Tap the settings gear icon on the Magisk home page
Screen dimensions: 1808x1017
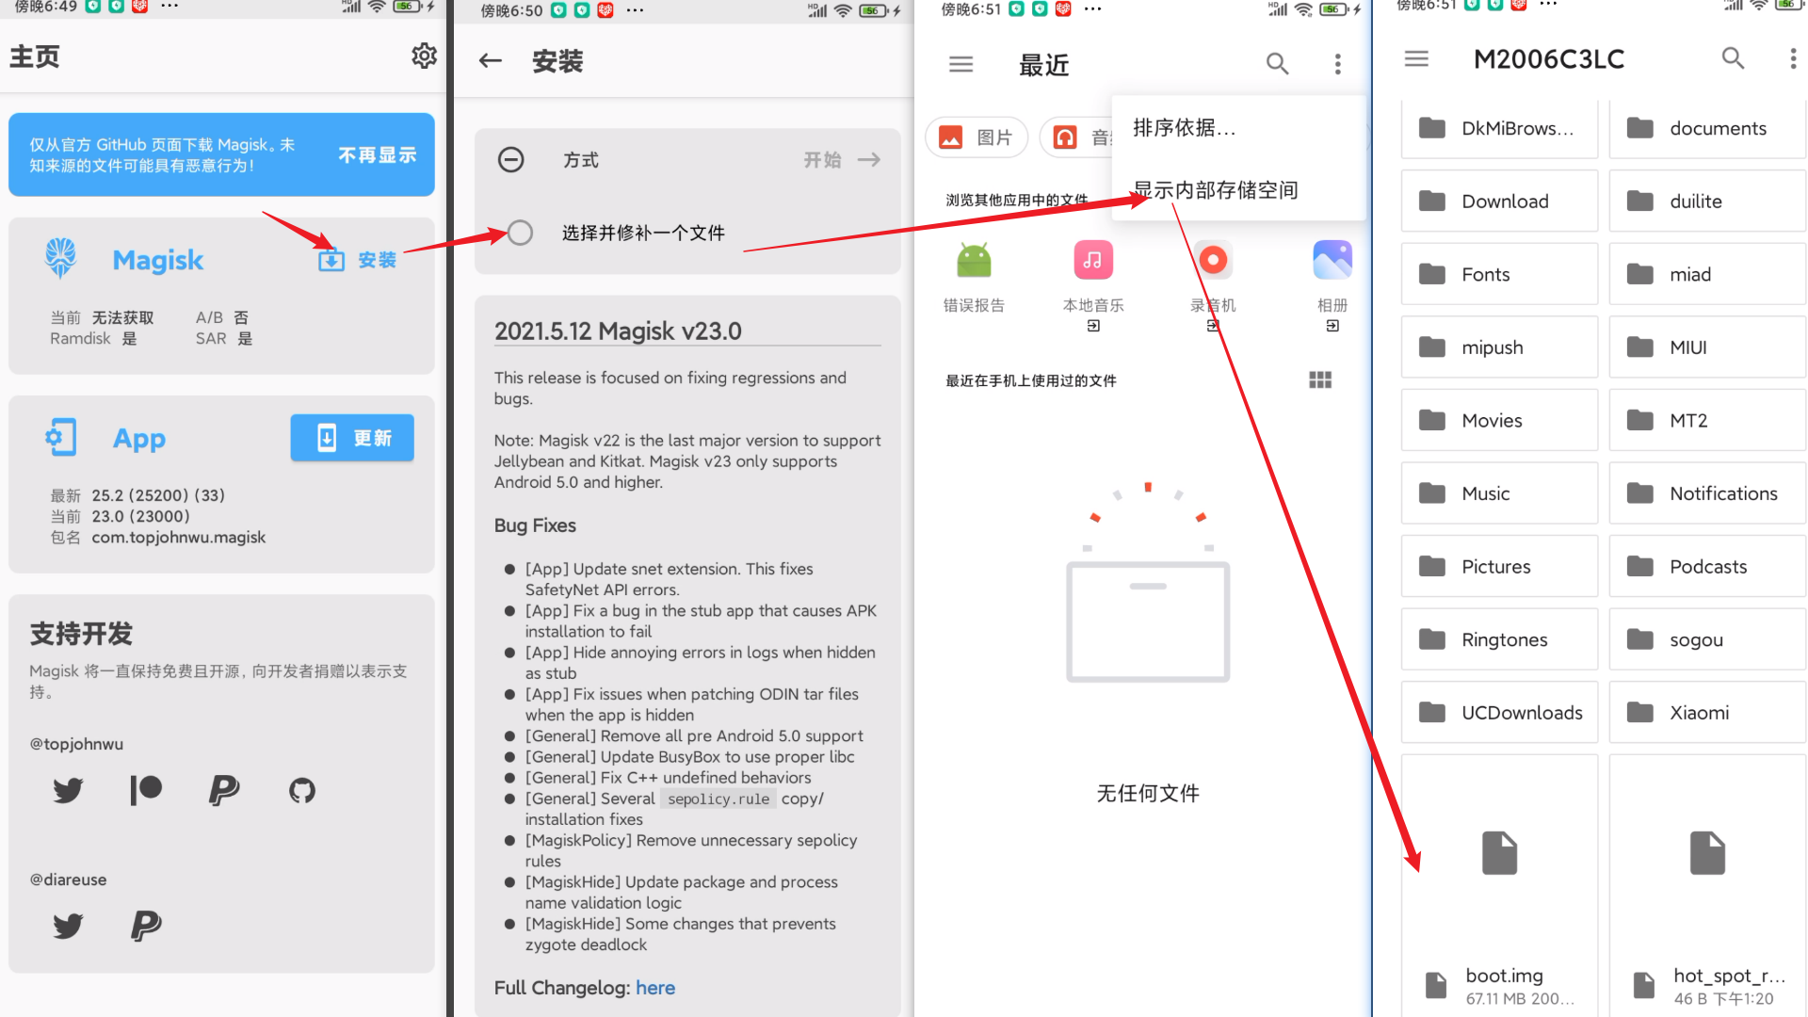[x=424, y=56]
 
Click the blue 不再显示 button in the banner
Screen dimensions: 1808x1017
[x=377, y=155]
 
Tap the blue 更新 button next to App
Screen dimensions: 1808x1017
[x=352, y=438]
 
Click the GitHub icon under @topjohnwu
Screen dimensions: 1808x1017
[x=302, y=790]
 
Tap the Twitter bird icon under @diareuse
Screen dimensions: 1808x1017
[x=68, y=926]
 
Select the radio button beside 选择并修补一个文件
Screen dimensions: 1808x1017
[x=520, y=233]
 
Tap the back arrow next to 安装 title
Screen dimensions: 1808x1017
[x=491, y=61]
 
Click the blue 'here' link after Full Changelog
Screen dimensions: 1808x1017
[x=655, y=988]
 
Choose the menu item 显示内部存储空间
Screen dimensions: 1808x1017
[x=1216, y=190]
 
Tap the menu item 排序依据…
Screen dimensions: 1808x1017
[x=1184, y=128]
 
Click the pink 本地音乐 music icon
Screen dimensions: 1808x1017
[x=1093, y=260]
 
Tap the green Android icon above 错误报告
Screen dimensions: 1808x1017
[x=975, y=260]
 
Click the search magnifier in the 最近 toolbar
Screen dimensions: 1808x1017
[x=1277, y=63]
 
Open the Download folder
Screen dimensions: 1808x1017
[x=1500, y=202]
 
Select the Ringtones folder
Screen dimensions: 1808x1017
[x=1500, y=639]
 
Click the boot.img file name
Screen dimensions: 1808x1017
[x=1504, y=976]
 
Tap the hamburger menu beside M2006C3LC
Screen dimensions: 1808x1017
[x=1416, y=58]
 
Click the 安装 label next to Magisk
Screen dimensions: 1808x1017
[x=377, y=260]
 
